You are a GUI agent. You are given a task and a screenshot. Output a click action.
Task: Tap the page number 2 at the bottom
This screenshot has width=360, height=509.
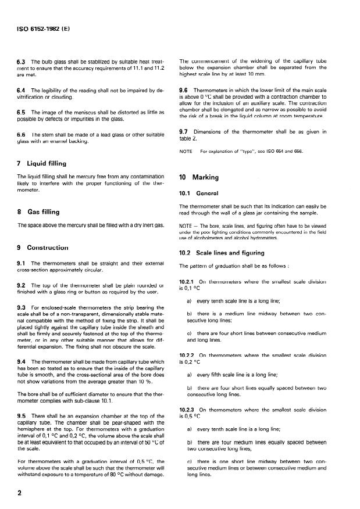click(x=21, y=491)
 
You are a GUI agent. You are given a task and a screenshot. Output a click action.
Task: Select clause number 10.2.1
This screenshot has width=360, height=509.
click(x=187, y=281)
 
